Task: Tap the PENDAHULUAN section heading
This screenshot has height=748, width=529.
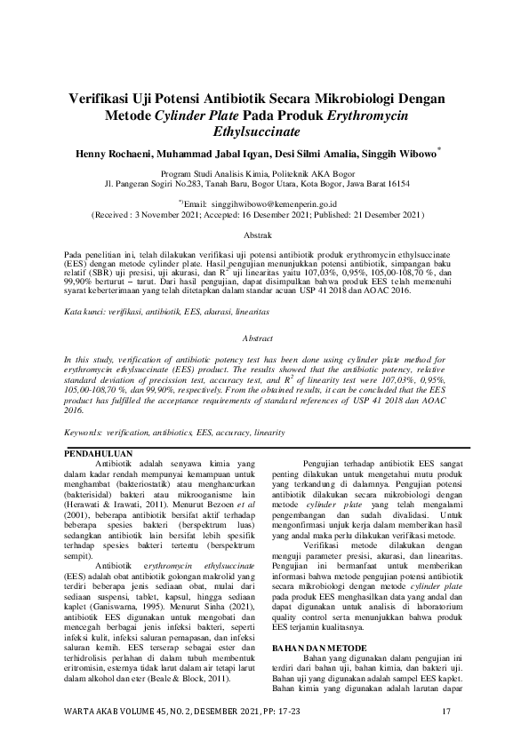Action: coord(100,455)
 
